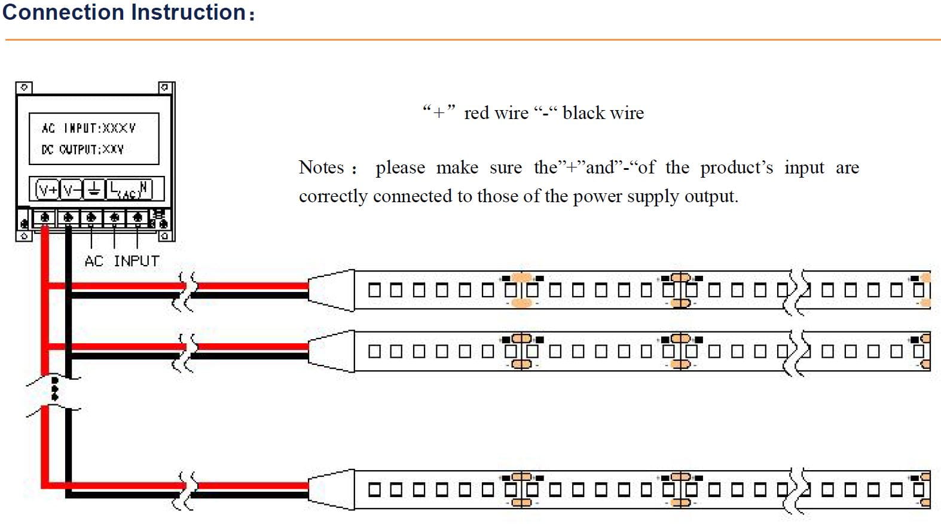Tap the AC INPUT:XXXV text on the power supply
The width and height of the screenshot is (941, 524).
pyautogui.click(x=88, y=128)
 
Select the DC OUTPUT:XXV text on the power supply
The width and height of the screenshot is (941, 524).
pyautogui.click(x=83, y=149)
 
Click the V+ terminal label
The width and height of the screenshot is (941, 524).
pyautogui.click(x=47, y=190)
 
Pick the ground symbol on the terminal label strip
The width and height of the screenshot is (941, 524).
pyautogui.click(x=94, y=190)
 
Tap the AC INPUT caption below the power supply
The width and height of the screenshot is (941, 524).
pyautogui.click(x=122, y=261)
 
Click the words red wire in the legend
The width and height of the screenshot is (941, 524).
pyautogui.click(x=496, y=113)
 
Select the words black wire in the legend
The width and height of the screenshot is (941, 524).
pyautogui.click(x=603, y=113)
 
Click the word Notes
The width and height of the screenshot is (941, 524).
pyautogui.click(x=322, y=167)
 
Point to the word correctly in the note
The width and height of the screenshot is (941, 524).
pyautogui.click(x=333, y=196)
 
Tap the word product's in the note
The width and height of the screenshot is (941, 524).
pyautogui.click(x=737, y=167)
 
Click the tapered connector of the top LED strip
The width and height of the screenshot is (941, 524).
pyautogui.click(x=331, y=290)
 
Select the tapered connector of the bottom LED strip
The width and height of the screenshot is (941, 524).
pyautogui.click(x=331, y=489)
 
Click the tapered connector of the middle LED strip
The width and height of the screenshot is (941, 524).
pyautogui.click(x=331, y=351)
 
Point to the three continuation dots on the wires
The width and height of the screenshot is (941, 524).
pyautogui.click(x=55, y=388)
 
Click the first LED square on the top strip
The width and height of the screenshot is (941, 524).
pyautogui.click(x=374, y=290)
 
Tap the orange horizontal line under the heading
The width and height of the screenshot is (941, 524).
pyautogui.click(x=472, y=40)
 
